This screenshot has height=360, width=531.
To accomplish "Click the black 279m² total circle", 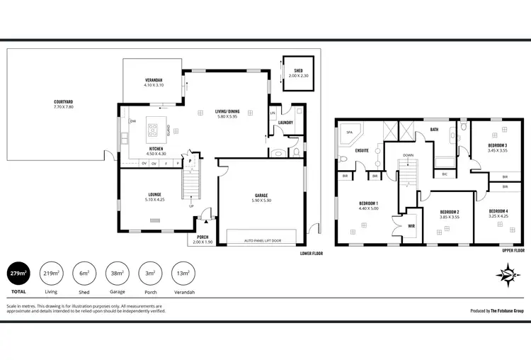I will (18, 274).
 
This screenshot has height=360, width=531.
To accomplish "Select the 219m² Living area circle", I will (50, 274).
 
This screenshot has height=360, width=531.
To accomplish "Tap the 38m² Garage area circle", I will (118, 274).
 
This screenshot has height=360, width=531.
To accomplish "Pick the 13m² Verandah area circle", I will (183, 274).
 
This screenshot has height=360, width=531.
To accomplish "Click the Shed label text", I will (298, 71).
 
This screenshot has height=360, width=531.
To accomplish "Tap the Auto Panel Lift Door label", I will (263, 240).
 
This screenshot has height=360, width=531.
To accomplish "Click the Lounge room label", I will (154, 197).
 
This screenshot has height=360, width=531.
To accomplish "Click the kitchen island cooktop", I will (153, 130).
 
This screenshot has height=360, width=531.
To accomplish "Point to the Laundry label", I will (285, 122).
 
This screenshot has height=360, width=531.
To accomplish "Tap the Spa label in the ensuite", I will (349, 132).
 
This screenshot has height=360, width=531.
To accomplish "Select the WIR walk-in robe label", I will (410, 227).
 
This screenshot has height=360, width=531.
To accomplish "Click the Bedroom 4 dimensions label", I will (498, 216).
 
